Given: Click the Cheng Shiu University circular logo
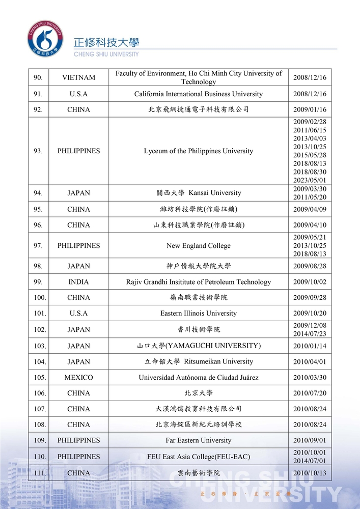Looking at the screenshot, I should click(x=46, y=38).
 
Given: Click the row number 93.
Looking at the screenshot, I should click(x=38, y=151).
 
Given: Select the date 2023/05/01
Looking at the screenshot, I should click(x=310, y=180).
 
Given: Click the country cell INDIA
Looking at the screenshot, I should click(x=78, y=282).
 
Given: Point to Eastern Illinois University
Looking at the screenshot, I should click(x=199, y=314).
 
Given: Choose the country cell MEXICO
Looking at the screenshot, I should click(x=78, y=378).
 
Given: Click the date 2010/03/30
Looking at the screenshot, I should click(x=310, y=378).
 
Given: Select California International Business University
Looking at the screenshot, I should click(x=199, y=94).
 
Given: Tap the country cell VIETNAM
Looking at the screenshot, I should click(x=78, y=78).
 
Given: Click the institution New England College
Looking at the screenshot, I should click(x=199, y=246).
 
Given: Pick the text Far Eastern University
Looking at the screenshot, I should click(x=199, y=441).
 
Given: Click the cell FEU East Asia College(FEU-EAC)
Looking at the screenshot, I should click(x=199, y=457).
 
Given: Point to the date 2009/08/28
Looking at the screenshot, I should click(x=310, y=266).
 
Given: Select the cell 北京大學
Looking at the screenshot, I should click(x=199, y=393).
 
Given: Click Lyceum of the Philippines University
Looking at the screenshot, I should click(x=199, y=151).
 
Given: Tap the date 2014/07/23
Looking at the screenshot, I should click(x=310, y=334).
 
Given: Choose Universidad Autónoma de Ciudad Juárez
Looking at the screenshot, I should click(x=199, y=378).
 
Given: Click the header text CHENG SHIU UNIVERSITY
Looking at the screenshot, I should click(x=106, y=54).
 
